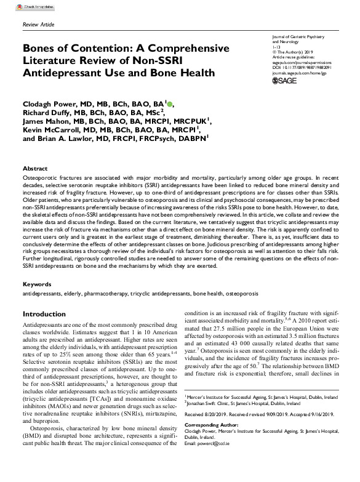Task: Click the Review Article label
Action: point(38,25)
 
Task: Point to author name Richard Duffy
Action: point(52,113)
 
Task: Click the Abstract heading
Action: point(35,168)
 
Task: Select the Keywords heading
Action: point(37,285)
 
